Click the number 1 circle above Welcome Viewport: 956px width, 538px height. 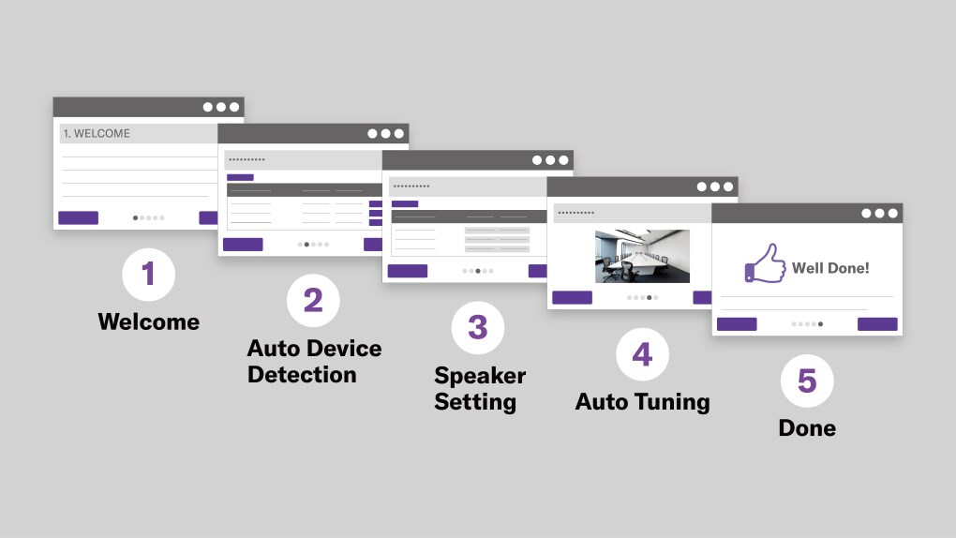[148, 275]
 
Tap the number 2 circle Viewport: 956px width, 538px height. [313, 301]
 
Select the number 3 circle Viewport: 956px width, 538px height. [477, 327]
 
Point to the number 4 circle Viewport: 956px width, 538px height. [642, 354]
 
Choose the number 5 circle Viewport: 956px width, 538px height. [807, 381]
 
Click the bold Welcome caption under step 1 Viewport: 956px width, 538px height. [148, 322]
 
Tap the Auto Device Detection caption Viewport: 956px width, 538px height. [314, 362]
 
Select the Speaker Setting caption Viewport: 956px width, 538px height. [479, 389]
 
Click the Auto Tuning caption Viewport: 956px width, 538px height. [642, 402]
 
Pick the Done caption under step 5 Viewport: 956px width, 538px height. [807, 428]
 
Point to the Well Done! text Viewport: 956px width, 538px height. [830, 268]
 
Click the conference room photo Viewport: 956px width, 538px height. [642, 256]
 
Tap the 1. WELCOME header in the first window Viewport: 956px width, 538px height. [97, 134]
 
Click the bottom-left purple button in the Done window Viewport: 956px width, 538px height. [737, 324]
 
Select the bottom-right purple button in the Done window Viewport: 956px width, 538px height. [877, 324]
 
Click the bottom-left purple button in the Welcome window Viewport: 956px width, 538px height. [78, 217]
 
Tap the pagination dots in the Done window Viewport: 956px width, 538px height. [807, 324]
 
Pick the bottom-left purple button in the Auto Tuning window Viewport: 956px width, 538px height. [572, 298]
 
